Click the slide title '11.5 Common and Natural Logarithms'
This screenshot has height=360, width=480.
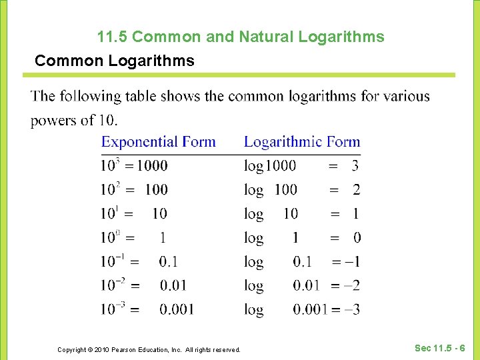pyautogui.click(x=240, y=37)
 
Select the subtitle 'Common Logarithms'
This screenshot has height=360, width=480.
pyautogui.click(x=115, y=61)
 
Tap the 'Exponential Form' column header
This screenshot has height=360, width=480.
pyautogui.click(x=159, y=141)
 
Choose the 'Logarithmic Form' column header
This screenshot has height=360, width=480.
pyautogui.click(x=302, y=141)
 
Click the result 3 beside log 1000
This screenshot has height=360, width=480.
pyautogui.click(x=355, y=165)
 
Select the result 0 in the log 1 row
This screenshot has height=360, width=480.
pyautogui.click(x=357, y=237)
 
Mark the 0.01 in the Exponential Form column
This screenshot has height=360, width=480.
pyautogui.click(x=173, y=285)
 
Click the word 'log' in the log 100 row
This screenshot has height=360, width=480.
pyautogui.click(x=253, y=190)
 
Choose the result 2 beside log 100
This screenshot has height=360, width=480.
pyautogui.click(x=356, y=189)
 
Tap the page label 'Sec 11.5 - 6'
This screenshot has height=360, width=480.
pyautogui.click(x=440, y=348)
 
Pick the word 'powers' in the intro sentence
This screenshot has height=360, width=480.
pyautogui.click(x=55, y=121)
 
